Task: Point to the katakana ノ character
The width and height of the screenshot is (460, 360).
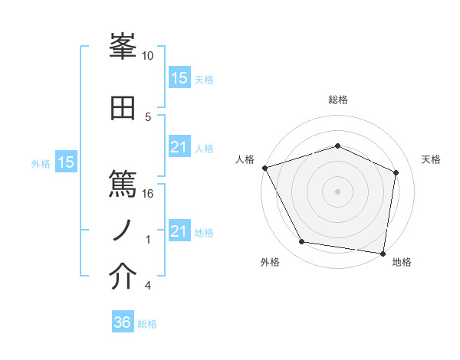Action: click(x=123, y=229)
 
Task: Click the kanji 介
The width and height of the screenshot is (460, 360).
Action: click(x=123, y=277)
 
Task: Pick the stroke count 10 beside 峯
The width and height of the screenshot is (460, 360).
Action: click(x=148, y=56)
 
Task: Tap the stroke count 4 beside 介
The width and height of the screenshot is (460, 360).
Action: click(x=147, y=286)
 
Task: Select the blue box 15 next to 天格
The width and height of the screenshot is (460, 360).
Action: click(x=179, y=78)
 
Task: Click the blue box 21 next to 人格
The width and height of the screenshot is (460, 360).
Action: click(x=179, y=147)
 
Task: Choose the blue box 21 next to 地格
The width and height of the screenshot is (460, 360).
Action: click(x=179, y=231)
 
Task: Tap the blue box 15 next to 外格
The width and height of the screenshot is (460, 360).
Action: click(x=66, y=162)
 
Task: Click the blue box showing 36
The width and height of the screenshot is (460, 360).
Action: click(x=123, y=322)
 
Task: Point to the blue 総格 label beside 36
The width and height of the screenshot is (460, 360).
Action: click(x=147, y=324)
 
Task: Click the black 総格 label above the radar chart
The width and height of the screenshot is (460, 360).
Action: click(x=338, y=100)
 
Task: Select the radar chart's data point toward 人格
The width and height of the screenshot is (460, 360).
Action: click(x=264, y=168)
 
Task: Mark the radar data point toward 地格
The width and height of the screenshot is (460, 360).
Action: click(x=383, y=253)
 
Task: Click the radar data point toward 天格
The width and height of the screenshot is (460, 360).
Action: click(x=396, y=172)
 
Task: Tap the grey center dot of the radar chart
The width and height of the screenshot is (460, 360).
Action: click(x=337, y=191)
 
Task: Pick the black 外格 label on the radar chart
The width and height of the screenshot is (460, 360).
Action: click(x=269, y=263)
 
